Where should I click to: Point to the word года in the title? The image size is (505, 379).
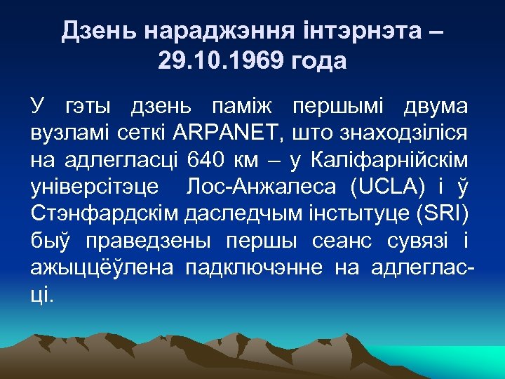point(314,61)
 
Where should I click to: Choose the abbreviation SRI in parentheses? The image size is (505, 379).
point(444,214)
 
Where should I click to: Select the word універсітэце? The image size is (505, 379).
point(95,187)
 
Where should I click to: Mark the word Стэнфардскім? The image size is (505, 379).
point(104,214)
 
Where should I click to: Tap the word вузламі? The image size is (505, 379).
point(67,134)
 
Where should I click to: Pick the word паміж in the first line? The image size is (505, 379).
point(243,107)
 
